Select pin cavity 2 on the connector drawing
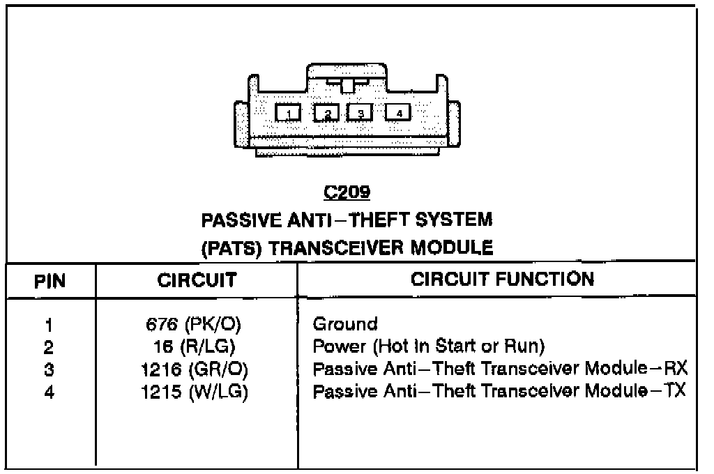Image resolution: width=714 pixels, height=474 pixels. pyautogui.click(x=326, y=113)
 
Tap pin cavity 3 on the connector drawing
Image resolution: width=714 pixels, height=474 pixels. pyautogui.click(x=360, y=113)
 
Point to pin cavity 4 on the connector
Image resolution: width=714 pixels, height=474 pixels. pyautogui.click(x=398, y=112)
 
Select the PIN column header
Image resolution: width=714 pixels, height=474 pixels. pyautogui.click(x=50, y=282)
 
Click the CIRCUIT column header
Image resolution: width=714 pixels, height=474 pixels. pyautogui.click(x=197, y=281)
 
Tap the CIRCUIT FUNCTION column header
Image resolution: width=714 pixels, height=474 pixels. pyautogui.click(x=502, y=280)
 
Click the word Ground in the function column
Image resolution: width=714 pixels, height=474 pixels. pyautogui.click(x=345, y=323)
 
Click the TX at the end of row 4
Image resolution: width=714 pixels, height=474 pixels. pyautogui.click(x=674, y=390)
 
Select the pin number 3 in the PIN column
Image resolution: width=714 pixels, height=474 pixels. pyautogui.click(x=48, y=369)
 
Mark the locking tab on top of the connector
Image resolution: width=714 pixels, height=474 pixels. pyautogui.click(x=347, y=84)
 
